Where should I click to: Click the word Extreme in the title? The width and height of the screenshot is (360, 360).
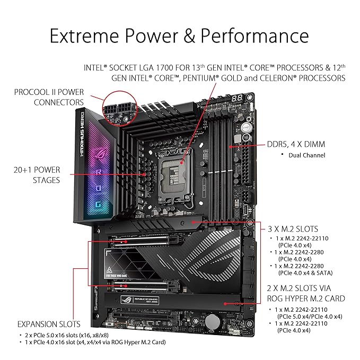84,36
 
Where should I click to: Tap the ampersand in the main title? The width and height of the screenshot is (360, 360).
189,36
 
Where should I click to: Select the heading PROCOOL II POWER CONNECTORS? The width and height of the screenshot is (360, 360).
49,97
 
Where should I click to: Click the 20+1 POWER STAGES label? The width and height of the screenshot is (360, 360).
37,175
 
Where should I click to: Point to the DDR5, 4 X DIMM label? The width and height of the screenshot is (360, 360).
296,144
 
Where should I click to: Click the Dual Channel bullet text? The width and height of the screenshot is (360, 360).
307,155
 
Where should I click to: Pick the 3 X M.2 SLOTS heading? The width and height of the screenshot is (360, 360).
293,229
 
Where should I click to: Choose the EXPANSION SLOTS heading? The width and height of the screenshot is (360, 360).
49,324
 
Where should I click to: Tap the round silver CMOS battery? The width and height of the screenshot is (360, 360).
213,321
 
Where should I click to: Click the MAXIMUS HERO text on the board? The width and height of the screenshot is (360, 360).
82,134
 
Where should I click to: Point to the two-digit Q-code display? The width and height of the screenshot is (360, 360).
236,99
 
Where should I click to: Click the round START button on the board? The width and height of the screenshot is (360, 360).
245,127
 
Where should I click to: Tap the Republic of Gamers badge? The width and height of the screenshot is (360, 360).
140,300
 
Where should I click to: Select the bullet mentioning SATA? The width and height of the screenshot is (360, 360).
302,269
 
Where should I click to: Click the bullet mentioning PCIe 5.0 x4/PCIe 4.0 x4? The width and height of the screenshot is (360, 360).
306,313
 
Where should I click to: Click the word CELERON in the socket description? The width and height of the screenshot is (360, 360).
276,78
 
